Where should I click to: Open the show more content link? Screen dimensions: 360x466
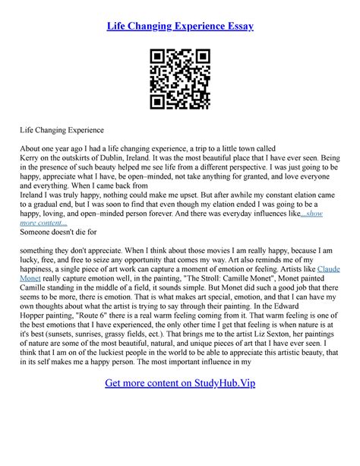311,215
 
